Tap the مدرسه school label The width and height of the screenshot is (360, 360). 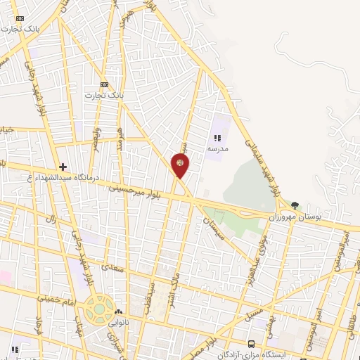[x=217, y=149]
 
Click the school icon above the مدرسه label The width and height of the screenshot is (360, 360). [x=217, y=139]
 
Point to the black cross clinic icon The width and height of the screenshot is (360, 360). [x=63, y=167]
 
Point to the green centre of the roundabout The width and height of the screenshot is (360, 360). [x=98, y=307]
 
